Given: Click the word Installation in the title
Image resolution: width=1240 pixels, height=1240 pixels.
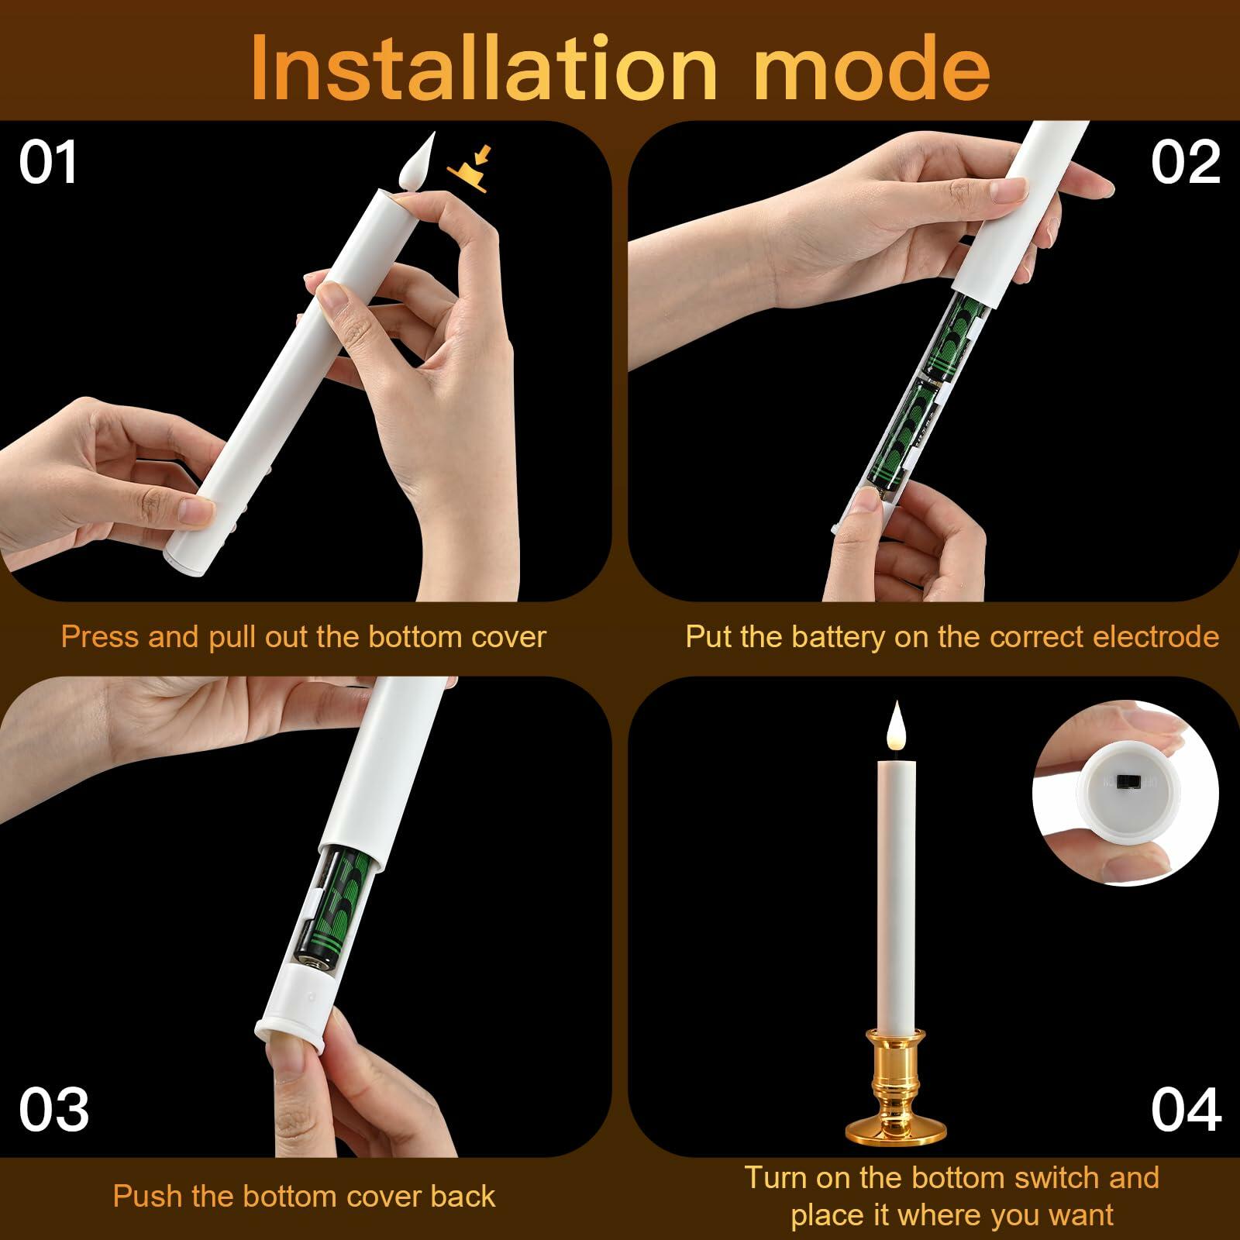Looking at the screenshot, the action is [485, 67].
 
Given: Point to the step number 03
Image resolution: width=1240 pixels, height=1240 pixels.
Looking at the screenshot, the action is [54, 1110].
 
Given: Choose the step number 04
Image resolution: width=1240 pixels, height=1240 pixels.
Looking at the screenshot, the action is [1187, 1110].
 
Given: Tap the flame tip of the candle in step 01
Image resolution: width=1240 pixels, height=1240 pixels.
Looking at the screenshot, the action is [431, 133].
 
